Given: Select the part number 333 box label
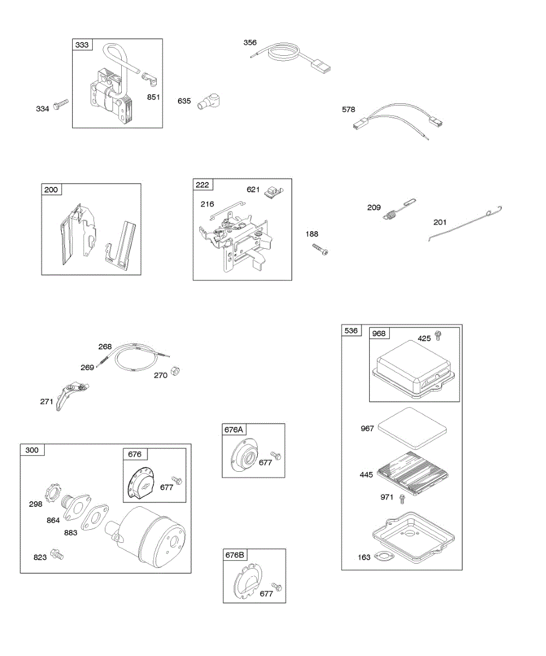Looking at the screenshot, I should (x=82, y=45).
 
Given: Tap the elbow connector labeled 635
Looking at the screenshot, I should (x=207, y=100).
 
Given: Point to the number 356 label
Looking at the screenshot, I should (x=250, y=42).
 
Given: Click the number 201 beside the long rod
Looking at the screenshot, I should (x=440, y=222).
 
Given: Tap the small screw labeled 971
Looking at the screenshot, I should (x=402, y=498).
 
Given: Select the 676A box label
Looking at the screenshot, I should (x=233, y=430).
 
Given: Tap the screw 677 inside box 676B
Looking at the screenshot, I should (x=276, y=587).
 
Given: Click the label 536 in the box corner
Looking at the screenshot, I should (x=352, y=331).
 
